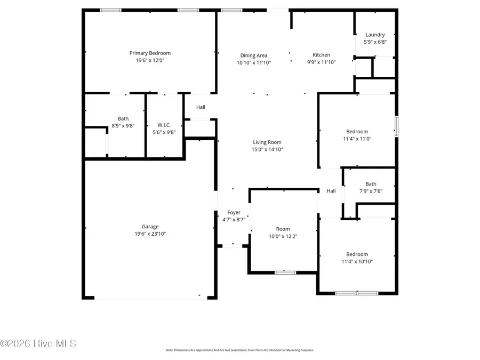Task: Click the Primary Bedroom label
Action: point(150,53)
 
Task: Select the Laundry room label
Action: point(375,35)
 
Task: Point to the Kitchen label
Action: point(321,55)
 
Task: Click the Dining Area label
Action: point(253,55)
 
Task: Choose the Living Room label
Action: point(267,142)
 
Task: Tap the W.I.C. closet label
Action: point(164,125)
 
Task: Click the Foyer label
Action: point(234,212)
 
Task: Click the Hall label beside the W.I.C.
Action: point(201,107)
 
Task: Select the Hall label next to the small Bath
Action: point(331,191)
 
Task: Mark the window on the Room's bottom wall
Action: point(285,273)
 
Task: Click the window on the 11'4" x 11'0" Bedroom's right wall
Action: point(396,127)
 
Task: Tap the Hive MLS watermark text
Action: point(38,343)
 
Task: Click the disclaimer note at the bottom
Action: point(239,350)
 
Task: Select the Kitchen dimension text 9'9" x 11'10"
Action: point(321,62)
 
